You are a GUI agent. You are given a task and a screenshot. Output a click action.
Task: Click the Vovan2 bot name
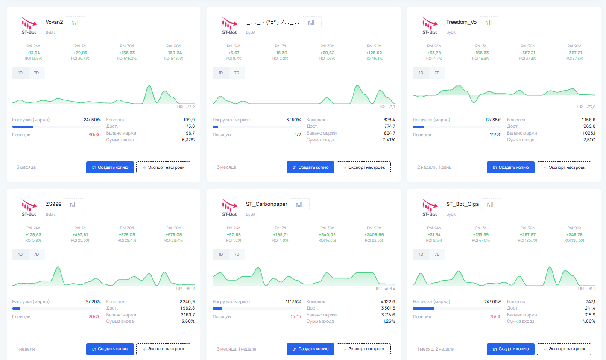(x=54, y=22)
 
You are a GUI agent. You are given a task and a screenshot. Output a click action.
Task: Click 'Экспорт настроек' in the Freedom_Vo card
(x=564, y=167)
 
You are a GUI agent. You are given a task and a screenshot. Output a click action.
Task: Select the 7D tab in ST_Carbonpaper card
(x=237, y=255)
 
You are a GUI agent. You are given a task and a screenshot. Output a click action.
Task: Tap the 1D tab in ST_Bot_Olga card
(x=421, y=255)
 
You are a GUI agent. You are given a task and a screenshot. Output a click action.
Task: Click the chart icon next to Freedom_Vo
(x=489, y=23)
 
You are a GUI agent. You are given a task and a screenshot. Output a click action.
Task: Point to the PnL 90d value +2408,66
(x=374, y=235)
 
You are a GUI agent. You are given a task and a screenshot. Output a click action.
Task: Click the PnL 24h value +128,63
(x=33, y=235)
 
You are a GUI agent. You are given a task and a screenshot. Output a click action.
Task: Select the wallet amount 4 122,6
(x=388, y=302)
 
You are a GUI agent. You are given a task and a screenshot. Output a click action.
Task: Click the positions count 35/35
(x=495, y=317)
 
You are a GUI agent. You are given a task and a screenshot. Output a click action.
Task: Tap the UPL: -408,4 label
(x=384, y=289)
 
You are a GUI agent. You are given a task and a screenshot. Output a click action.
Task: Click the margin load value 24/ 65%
(x=492, y=302)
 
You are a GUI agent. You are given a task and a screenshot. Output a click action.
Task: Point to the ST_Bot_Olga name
(x=462, y=204)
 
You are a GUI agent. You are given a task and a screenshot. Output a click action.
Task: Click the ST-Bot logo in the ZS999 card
(x=29, y=207)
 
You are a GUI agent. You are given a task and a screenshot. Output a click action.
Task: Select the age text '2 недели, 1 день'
(x=434, y=167)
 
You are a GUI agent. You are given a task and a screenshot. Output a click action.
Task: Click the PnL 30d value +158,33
(x=127, y=53)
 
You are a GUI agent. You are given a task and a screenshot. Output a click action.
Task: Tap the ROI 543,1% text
(x=173, y=59)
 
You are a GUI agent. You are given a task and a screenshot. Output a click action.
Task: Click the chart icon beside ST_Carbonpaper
(x=299, y=205)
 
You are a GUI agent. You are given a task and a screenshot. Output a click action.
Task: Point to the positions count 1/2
(x=298, y=135)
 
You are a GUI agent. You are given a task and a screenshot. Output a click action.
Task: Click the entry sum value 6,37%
(x=188, y=140)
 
